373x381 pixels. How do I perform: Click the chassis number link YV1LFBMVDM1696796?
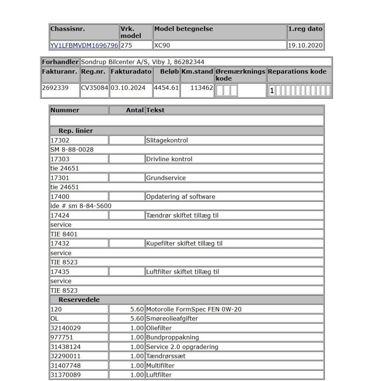[x=84, y=46]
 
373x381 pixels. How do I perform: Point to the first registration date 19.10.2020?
[x=305, y=46]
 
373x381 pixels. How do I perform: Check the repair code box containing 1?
[x=272, y=91]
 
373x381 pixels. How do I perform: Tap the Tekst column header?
[x=155, y=110]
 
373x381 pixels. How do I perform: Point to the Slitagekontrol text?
[x=167, y=140]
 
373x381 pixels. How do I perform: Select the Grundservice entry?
[x=166, y=178]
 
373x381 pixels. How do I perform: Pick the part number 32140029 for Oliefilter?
[x=66, y=328]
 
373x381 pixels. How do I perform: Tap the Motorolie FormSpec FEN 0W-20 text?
[x=194, y=309]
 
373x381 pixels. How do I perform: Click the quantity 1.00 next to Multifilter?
[x=137, y=365]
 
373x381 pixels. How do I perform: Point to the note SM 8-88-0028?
[x=72, y=150]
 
